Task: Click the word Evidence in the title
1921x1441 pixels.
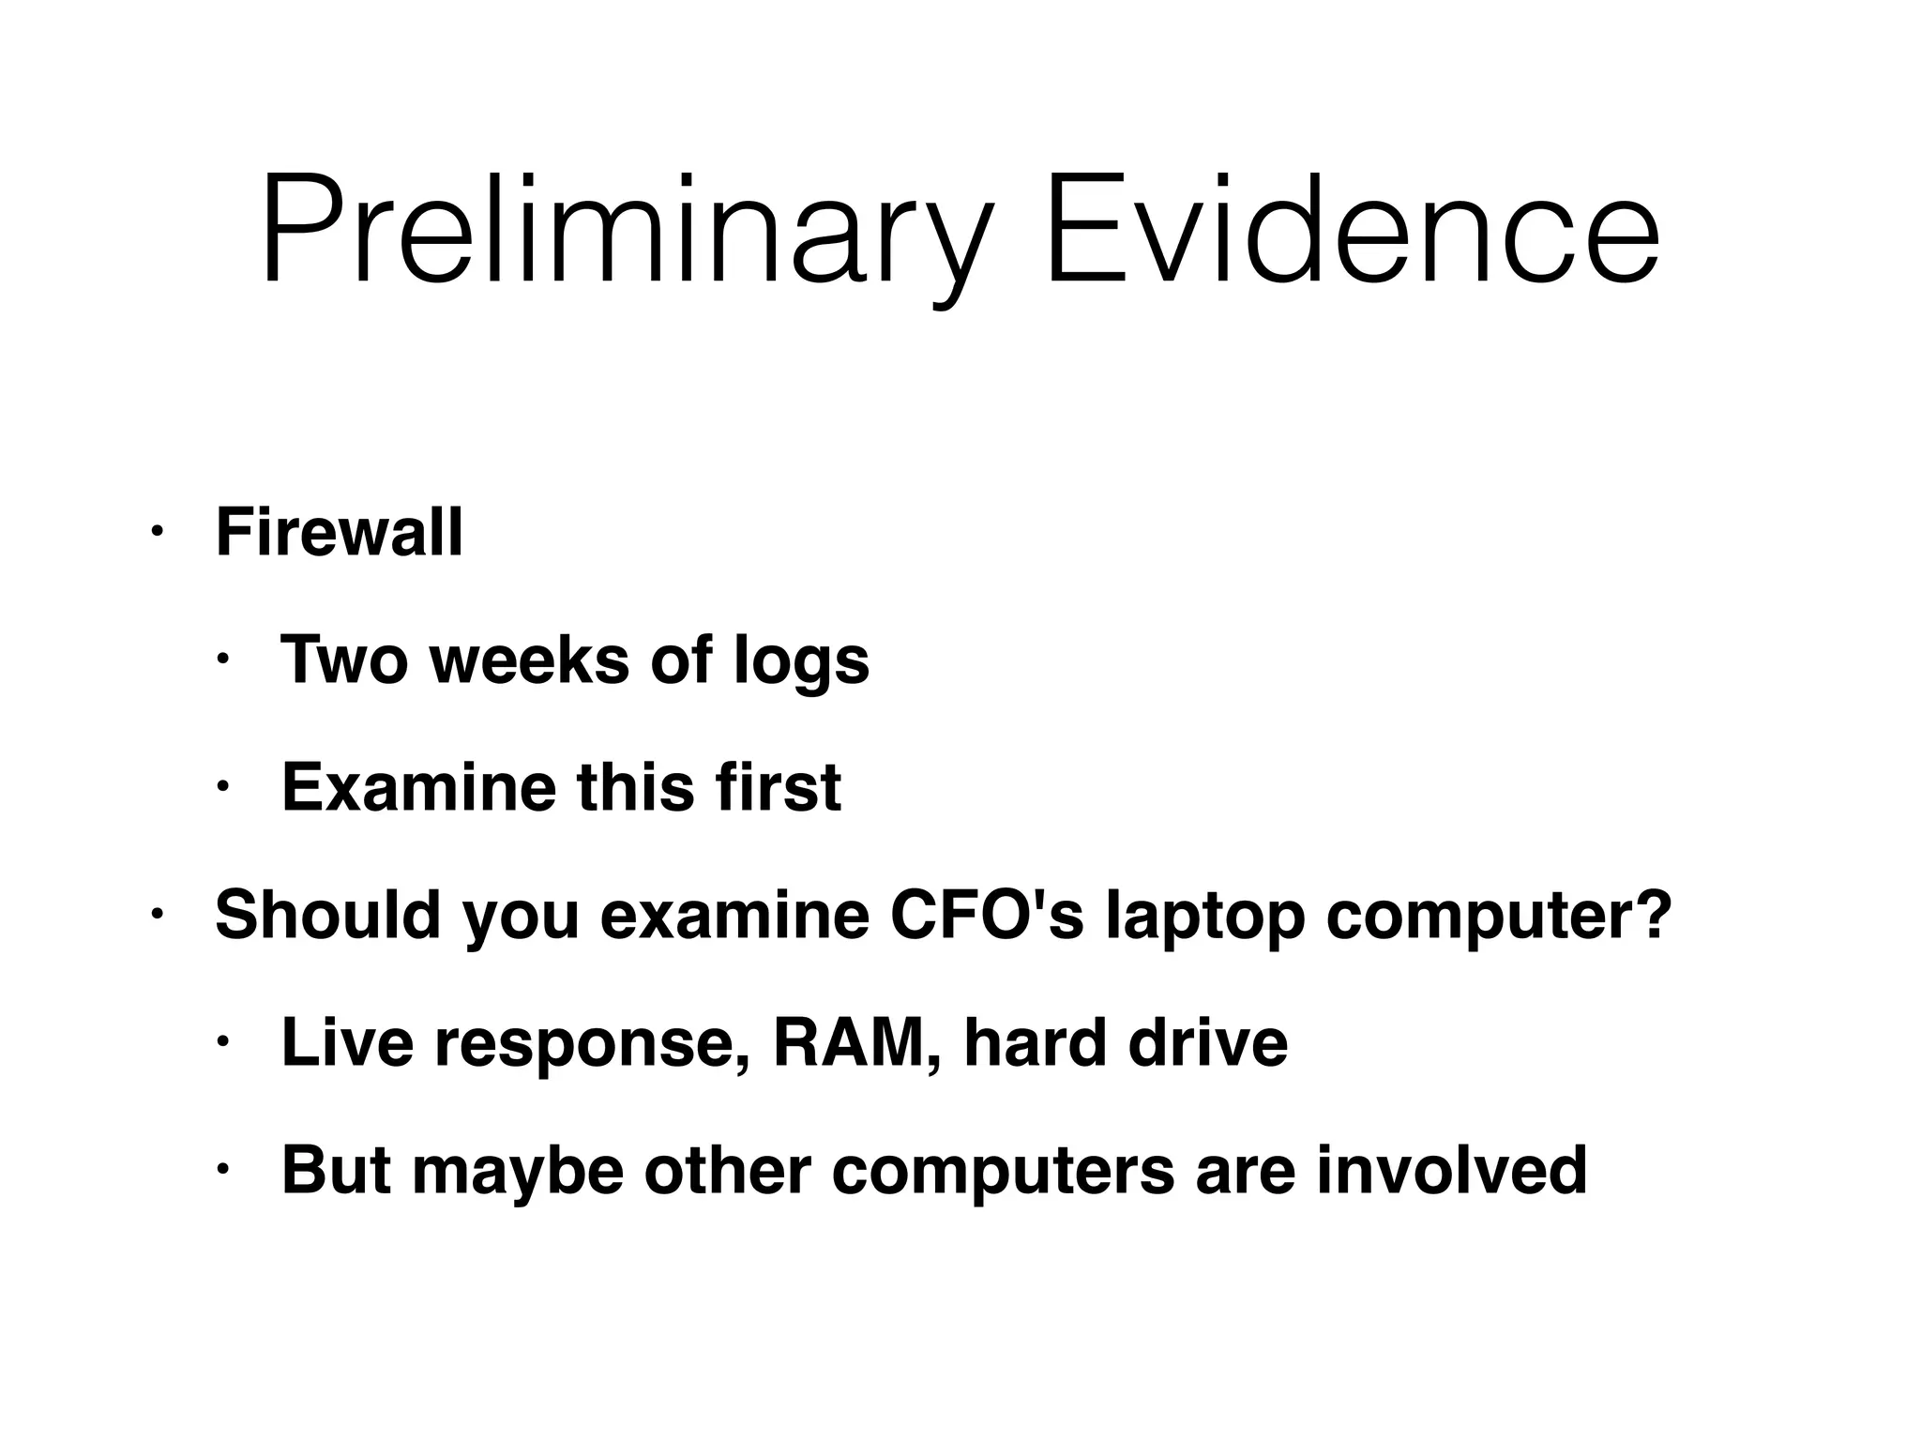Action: (x=1352, y=230)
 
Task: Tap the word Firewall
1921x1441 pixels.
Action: (x=339, y=532)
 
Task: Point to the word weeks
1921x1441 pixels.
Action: (x=530, y=660)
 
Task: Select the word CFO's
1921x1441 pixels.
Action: (x=985, y=915)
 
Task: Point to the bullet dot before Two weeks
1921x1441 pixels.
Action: (x=221, y=660)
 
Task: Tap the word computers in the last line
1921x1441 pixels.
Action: (x=1003, y=1173)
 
